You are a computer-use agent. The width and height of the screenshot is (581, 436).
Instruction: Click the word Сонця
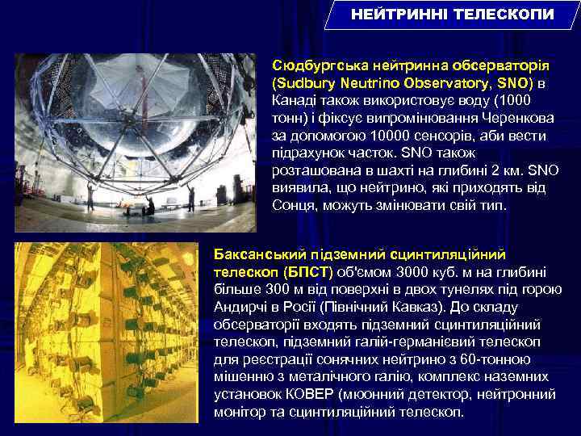tap(294, 205)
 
